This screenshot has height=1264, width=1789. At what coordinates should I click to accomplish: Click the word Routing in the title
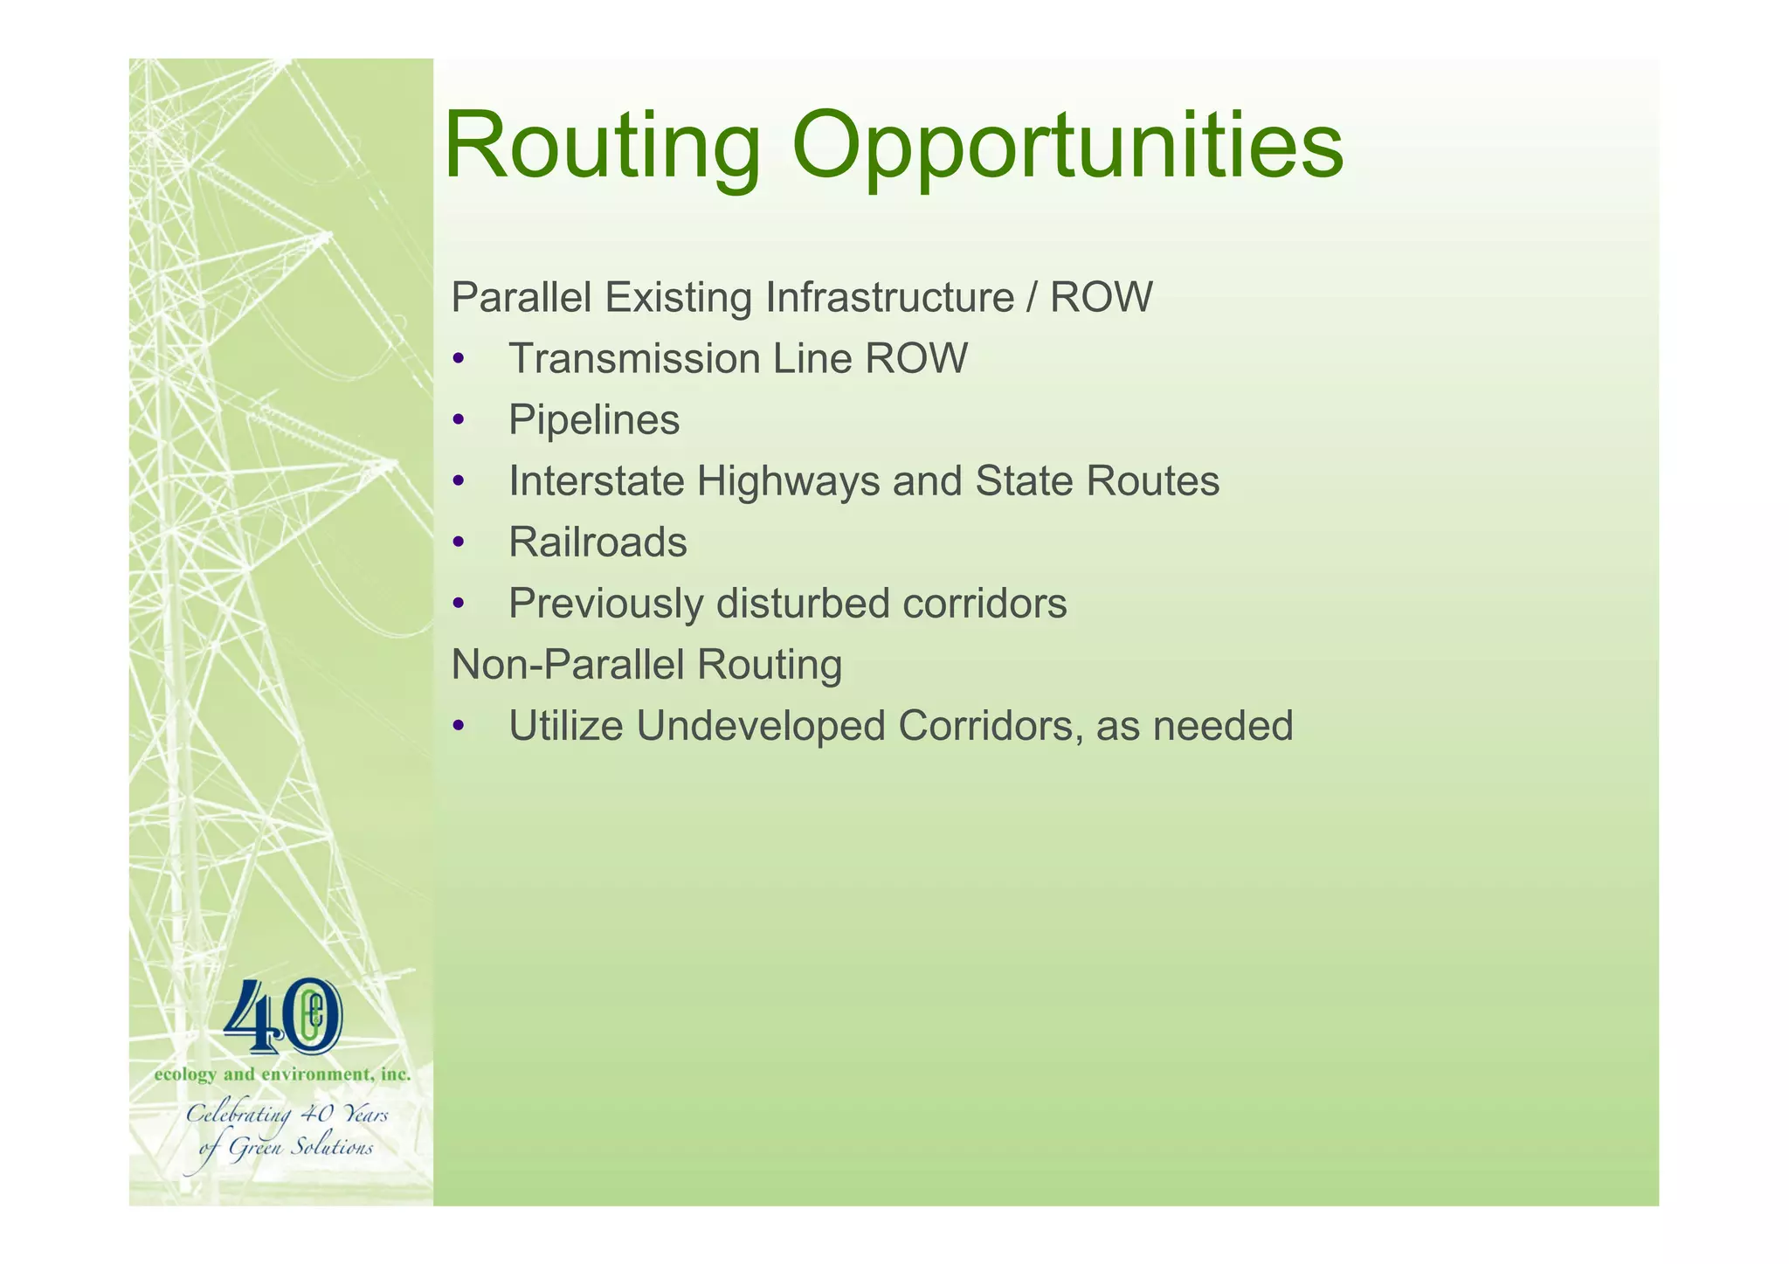(x=603, y=147)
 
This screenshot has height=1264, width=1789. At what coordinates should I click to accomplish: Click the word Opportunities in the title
(x=1067, y=147)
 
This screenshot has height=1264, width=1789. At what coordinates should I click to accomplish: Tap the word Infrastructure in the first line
(x=889, y=298)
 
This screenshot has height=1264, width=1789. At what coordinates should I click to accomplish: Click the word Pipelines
(x=594, y=420)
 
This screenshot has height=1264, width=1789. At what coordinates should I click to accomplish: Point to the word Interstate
(x=596, y=481)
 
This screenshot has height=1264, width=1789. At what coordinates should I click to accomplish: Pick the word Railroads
(x=597, y=542)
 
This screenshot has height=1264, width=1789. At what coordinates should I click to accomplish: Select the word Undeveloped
(x=761, y=726)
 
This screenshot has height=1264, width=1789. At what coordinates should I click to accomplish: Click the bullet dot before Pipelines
(x=458, y=422)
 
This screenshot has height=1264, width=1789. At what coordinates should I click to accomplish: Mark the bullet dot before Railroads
(x=458, y=544)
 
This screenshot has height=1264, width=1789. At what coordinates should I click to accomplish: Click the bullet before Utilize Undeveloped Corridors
(x=458, y=728)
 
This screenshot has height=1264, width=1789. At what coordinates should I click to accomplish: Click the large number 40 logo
(x=283, y=1018)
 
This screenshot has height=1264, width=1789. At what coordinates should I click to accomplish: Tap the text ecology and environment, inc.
(x=282, y=1075)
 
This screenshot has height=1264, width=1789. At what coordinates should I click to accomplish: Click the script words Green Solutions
(x=300, y=1148)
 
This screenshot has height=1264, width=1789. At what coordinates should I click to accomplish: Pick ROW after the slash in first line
(x=1101, y=298)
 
